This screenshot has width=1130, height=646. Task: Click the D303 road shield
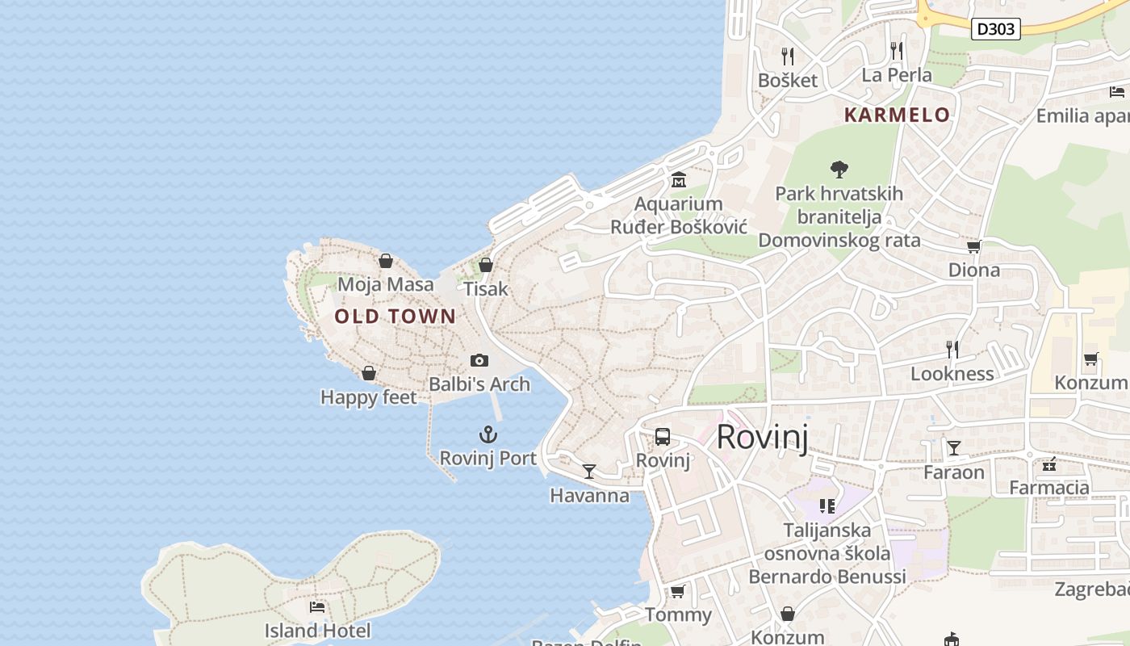996,29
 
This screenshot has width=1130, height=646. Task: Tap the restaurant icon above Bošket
788,57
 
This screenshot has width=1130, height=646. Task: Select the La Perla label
897,75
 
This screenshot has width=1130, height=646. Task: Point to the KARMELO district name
897,115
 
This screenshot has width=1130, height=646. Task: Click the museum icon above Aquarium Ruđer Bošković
678,179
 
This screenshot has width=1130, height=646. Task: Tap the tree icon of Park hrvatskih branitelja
839,170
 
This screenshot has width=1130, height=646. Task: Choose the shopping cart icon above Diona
974,246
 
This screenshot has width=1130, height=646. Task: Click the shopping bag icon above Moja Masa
386,261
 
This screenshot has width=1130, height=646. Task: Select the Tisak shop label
486,288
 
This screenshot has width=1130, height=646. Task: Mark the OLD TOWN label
395,317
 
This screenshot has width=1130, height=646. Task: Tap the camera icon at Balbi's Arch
479,360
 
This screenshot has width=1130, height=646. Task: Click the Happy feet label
369,397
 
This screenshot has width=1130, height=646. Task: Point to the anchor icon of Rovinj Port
488,435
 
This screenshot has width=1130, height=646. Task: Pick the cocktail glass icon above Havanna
589,472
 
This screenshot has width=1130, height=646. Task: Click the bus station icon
663,437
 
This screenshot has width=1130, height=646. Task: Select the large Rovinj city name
762,437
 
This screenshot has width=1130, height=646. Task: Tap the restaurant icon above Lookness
952,350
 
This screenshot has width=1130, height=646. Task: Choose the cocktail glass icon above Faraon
954,448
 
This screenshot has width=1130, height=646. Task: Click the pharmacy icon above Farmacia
1049,464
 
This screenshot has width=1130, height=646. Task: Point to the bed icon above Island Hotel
317,607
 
